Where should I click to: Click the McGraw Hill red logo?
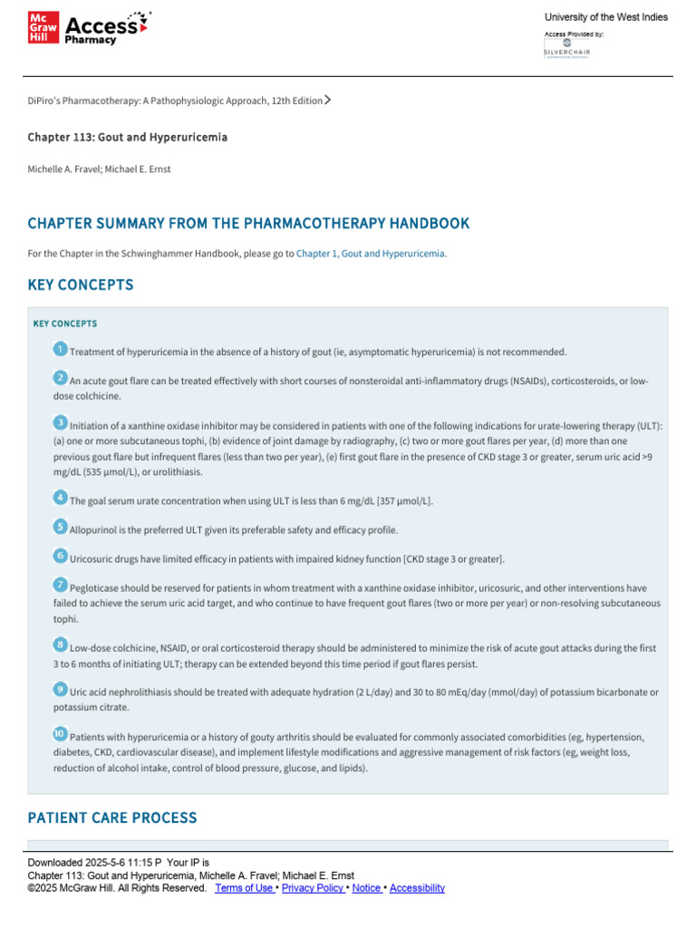43,29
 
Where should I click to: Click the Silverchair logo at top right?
566,48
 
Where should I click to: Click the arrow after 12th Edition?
327,100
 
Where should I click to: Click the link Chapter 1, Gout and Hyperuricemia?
371,254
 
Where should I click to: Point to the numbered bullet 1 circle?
60,350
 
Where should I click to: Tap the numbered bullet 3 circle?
60,423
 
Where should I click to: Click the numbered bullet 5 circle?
60,527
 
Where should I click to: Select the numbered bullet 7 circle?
60,585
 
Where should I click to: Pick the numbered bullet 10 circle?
60,734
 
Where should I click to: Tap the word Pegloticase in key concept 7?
97,588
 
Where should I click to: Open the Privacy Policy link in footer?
313,888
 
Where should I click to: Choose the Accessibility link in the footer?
417,888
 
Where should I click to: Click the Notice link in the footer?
366,888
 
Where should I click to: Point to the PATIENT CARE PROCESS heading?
112,817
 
